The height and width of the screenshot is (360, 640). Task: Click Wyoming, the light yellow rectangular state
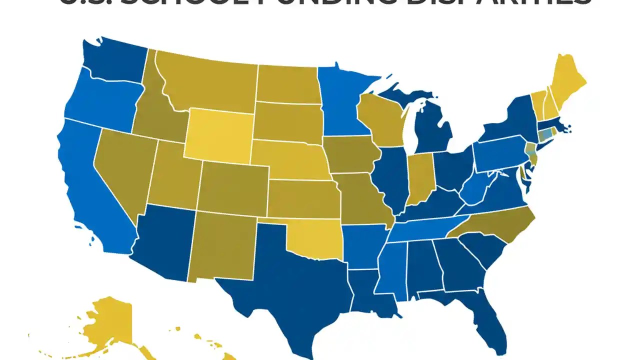[x=217, y=135]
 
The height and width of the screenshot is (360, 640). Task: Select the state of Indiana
[x=419, y=177]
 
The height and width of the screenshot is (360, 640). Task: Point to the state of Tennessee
[x=425, y=227]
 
